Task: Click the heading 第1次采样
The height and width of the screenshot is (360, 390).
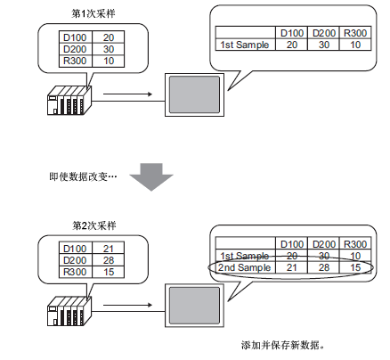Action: pyautogui.click(x=93, y=14)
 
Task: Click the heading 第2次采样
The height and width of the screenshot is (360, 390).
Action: pyautogui.click(x=93, y=225)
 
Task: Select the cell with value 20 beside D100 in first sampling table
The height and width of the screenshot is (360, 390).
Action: pyautogui.click(x=109, y=37)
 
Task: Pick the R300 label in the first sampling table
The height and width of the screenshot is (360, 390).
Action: pyautogui.click(x=75, y=61)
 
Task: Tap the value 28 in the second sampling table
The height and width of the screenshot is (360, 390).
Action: pyautogui.click(x=109, y=260)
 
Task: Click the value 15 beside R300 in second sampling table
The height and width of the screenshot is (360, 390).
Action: pyautogui.click(x=109, y=272)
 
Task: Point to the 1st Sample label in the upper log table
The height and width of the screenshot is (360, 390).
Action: pyautogui.click(x=245, y=45)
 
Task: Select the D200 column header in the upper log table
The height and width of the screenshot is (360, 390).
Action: pyautogui.click(x=324, y=33)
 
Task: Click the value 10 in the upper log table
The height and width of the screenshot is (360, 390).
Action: pyautogui.click(x=355, y=45)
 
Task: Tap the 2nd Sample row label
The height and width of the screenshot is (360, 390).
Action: pyautogui.click(x=245, y=267)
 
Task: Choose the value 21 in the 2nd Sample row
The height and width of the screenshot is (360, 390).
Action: pyautogui.click(x=292, y=267)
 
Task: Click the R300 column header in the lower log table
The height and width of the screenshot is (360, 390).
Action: pyautogui.click(x=355, y=244)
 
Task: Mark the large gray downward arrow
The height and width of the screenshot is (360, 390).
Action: pyautogui.click(x=151, y=176)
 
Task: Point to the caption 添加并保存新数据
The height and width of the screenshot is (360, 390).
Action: pyautogui.click(x=282, y=345)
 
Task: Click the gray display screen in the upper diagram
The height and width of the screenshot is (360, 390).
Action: pyautogui.click(x=194, y=94)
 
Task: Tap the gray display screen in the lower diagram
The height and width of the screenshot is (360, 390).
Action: pyautogui.click(x=194, y=306)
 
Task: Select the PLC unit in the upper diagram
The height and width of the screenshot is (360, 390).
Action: pyautogui.click(x=69, y=101)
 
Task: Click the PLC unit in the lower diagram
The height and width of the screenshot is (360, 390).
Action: pyautogui.click(x=69, y=311)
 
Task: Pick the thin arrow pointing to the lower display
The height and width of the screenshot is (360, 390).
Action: pyautogui.click(x=127, y=305)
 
